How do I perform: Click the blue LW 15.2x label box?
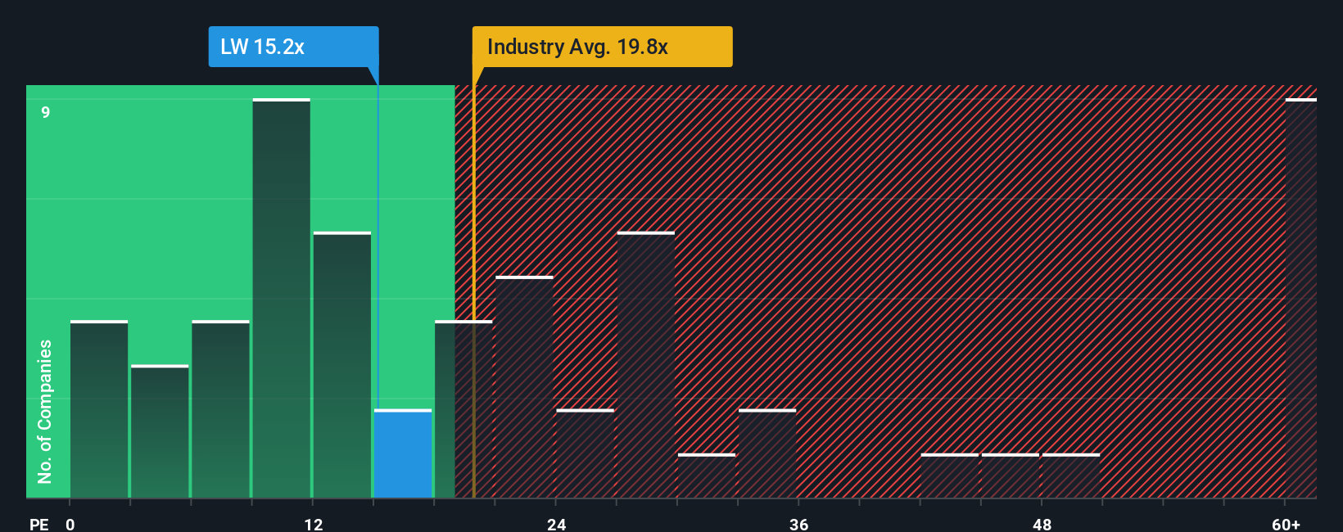point(293,47)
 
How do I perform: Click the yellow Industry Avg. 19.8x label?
point(602,47)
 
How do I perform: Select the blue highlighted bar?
point(403,454)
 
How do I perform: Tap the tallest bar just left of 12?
point(281,299)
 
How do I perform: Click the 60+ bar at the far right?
point(1300,299)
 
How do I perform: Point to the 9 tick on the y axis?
point(46,112)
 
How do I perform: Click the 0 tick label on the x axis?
point(70,524)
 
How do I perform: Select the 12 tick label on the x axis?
point(313,524)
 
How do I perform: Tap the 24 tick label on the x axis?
point(556,524)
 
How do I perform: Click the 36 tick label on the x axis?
point(798,524)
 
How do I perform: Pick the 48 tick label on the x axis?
point(1042,524)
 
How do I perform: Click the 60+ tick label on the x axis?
point(1286,524)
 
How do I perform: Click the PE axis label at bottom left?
point(38,524)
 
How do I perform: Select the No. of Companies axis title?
point(45,411)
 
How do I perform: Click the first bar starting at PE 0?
point(99,409)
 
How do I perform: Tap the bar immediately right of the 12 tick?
point(342,366)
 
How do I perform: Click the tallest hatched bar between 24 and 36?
point(646,366)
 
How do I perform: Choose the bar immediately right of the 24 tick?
point(585,454)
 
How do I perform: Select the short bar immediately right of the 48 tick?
point(1070,476)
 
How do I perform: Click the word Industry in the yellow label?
point(525,47)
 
